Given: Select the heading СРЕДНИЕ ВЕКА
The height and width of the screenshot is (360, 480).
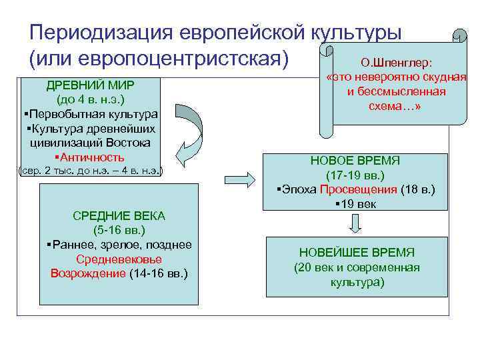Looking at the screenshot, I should pyautogui.click(x=118, y=215).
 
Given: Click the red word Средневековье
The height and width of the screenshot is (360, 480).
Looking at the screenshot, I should pyautogui.click(x=119, y=259).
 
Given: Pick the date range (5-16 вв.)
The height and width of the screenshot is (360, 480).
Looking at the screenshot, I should pyautogui.click(x=118, y=230).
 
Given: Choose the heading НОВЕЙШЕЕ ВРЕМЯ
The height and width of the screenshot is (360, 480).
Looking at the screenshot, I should pyautogui.click(x=357, y=253).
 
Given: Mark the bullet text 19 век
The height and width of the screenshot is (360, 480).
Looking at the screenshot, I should pyautogui.click(x=357, y=203).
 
